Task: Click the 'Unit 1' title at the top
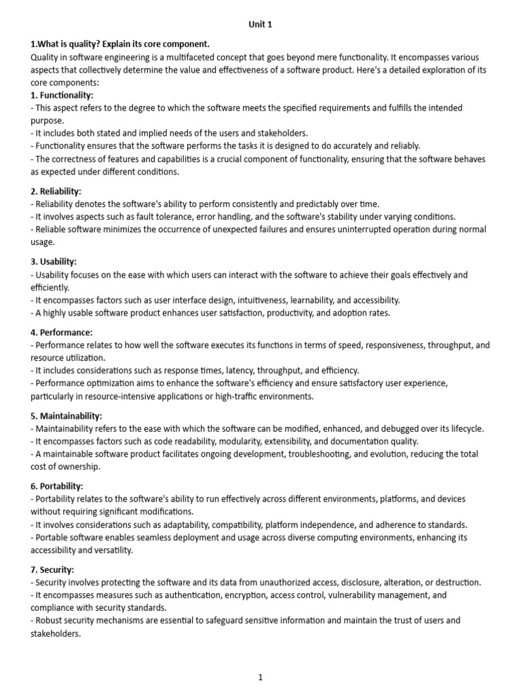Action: coord(260,25)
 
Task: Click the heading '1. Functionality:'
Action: coord(62,95)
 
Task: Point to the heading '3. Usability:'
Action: coord(54,261)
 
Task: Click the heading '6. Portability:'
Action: coord(57,486)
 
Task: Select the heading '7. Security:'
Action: coord(52,569)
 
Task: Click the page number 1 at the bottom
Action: coord(260,677)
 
